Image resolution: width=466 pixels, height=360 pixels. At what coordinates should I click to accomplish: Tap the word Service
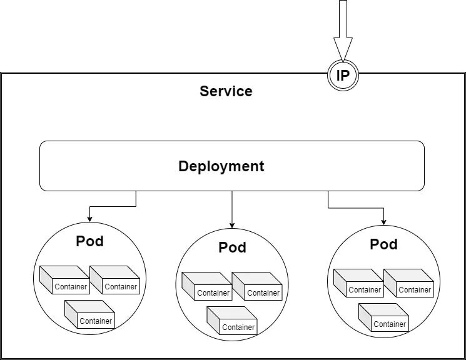pyautogui.click(x=226, y=91)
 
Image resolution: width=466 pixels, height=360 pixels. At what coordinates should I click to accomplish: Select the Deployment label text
pyautogui.click(x=221, y=166)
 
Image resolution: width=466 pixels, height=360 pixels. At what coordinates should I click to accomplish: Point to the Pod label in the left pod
pyautogui.click(x=89, y=241)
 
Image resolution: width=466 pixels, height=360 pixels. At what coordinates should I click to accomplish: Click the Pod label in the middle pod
pyautogui.click(x=233, y=247)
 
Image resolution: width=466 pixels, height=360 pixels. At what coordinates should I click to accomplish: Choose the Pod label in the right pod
pyautogui.click(x=383, y=244)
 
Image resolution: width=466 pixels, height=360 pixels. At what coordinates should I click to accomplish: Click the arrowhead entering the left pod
pyautogui.click(x=89, y=219)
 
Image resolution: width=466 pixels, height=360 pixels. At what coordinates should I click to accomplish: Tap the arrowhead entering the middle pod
pyautogui.click(x=232, y=226)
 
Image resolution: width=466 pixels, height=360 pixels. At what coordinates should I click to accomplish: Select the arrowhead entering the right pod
pyautogui.click(x=383, y=222)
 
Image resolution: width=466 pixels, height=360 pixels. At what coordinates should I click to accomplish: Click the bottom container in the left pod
pyautogui.click(x=89, y=314)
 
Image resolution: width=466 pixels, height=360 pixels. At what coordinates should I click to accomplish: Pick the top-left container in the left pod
pyautogui.click(x=65, y=280)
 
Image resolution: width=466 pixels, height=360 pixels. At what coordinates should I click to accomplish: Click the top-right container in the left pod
pyautogui.click(x=114, y=280)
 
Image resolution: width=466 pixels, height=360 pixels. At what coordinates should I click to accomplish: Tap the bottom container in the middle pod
pyautogui.click(x=232, y=321)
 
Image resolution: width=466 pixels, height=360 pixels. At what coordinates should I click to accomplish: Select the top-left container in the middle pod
pyautogui.click(x=207, y=286)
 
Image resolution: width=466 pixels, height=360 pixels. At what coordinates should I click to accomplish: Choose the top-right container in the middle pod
pyautogui.click(x=257, y=286)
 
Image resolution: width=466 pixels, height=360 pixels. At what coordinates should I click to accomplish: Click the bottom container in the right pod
pyautogui.click(x=383, y=317)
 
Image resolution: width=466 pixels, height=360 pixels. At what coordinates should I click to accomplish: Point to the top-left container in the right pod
pyautogui.click(x=358, y=283)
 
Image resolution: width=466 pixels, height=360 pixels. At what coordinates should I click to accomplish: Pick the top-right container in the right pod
pyautogui.click(x=408, y=283)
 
